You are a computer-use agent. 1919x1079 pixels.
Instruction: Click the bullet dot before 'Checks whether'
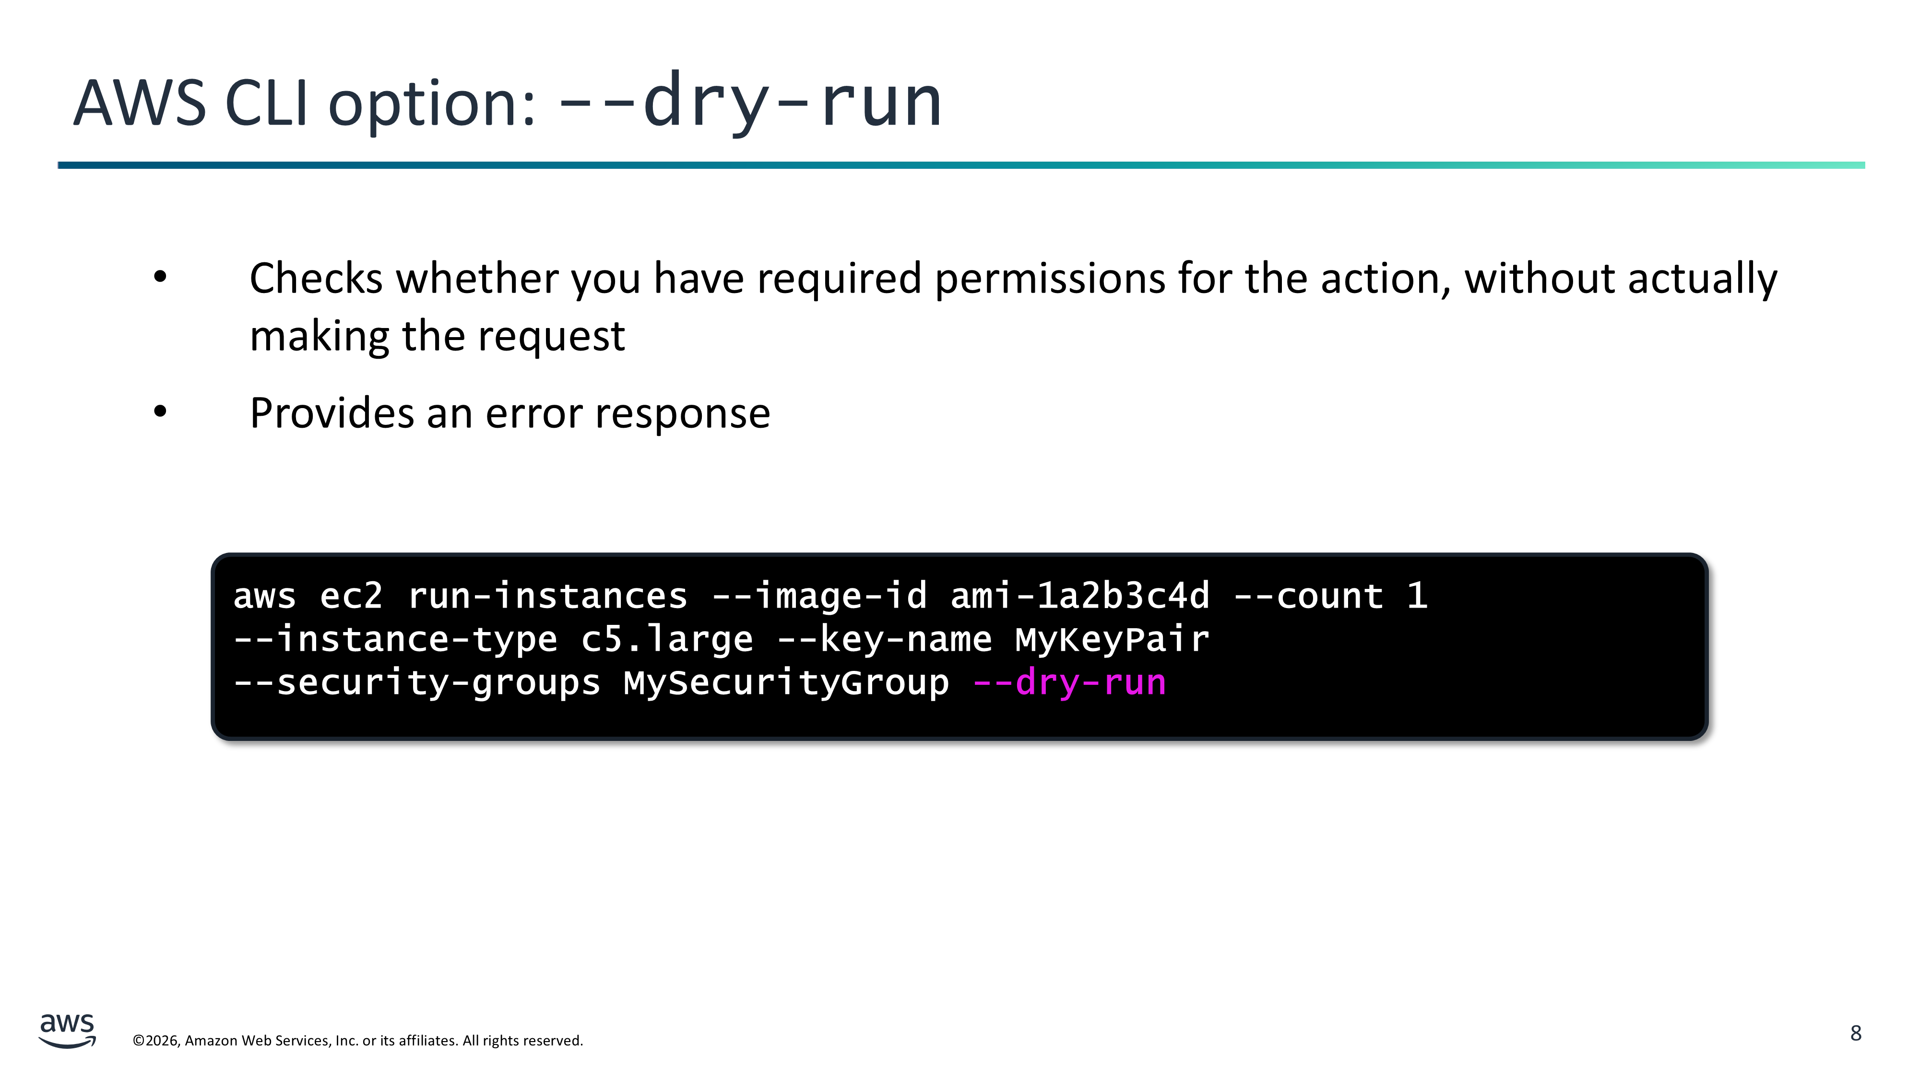160,278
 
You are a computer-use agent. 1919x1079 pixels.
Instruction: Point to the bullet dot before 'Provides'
160,412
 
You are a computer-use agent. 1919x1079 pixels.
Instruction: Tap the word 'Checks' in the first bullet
316,279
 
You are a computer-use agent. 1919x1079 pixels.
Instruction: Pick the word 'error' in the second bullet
533,414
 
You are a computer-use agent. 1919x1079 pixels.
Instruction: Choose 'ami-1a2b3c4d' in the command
1080,596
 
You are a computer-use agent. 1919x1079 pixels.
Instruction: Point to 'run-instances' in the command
547,596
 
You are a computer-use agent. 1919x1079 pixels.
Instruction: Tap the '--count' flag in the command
1308,596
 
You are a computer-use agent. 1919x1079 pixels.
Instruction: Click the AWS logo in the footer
67,1031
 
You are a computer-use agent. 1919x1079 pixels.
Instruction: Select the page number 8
1856,1033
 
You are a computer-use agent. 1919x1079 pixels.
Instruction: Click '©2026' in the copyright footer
156,1040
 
